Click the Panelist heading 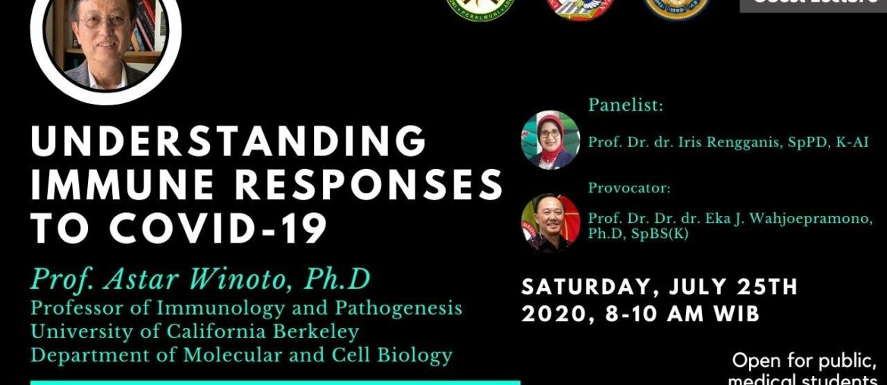[625, 105]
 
